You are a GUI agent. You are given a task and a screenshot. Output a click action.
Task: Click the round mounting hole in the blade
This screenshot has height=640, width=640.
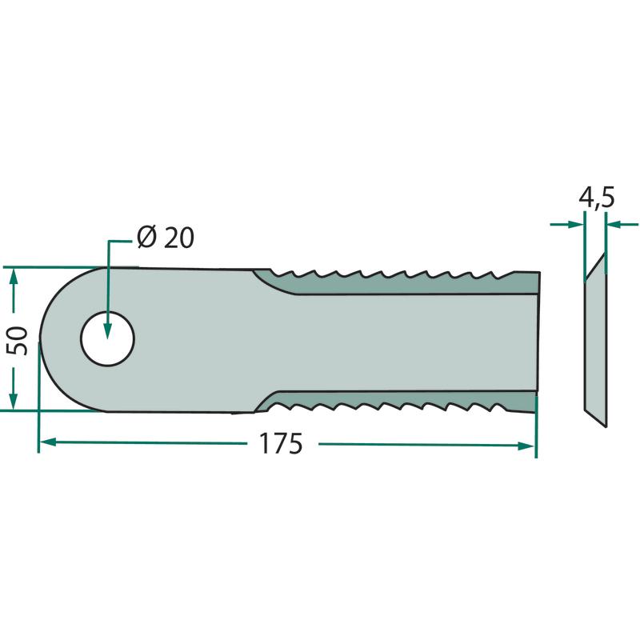click(108, 338)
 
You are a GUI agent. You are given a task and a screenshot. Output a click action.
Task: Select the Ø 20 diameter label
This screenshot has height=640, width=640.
click(166, 237)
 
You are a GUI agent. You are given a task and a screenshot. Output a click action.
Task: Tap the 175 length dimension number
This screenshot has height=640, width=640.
click(282, 444)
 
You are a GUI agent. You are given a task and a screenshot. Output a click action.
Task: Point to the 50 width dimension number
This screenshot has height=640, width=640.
click(17, 341)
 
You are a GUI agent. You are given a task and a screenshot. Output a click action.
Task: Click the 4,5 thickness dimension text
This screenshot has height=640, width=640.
click(597, 198)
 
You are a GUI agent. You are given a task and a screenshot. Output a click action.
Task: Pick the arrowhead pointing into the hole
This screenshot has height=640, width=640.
click(107, 330)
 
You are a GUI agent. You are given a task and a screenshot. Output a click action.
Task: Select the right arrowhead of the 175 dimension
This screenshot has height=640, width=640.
click(526, 446)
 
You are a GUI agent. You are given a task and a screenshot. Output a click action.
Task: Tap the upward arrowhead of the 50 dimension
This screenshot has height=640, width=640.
click(14, 277)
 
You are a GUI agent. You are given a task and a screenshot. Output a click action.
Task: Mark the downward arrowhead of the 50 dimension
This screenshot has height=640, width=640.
click(13, 402)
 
